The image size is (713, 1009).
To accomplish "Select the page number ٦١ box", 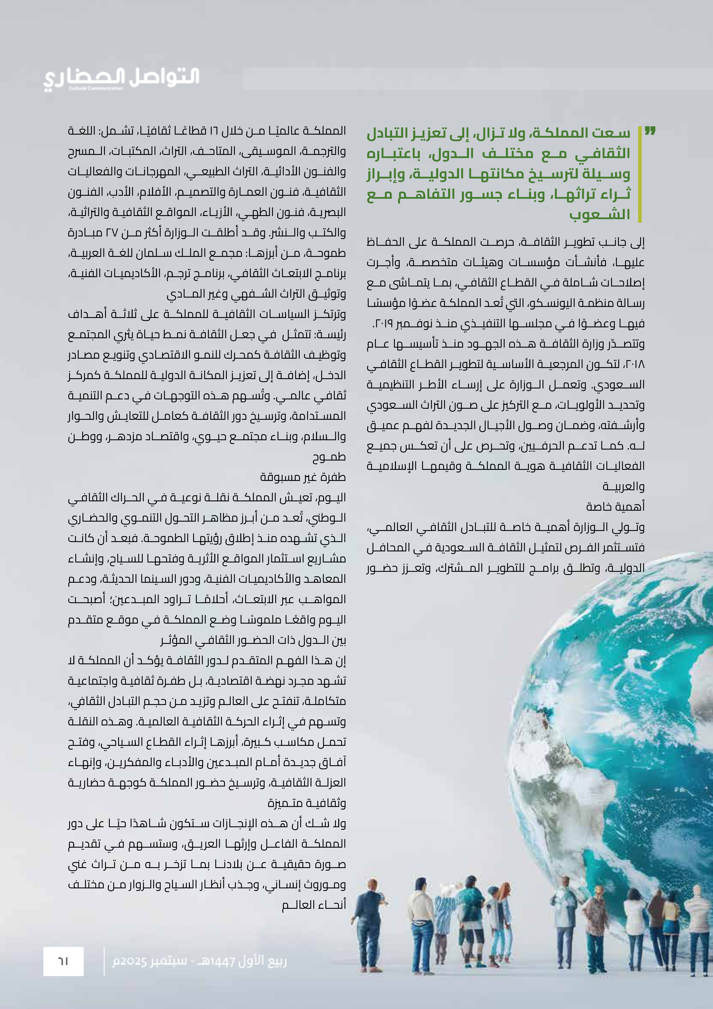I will [63, 961].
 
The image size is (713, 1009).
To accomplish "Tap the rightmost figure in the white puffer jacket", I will [698, 923].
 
